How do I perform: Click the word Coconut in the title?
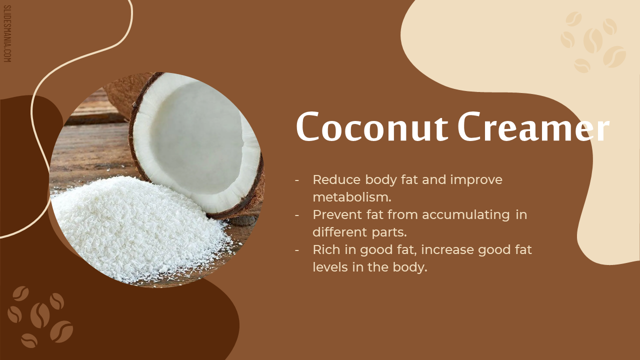tap(372, 126)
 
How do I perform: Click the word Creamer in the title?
tap(533, 126)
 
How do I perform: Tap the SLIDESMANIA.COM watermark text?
tap(7, 33)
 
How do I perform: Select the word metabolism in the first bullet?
tap(352, 197)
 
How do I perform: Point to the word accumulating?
tap(466, 215)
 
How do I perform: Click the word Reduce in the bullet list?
tap(336, 179)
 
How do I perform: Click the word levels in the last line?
tap(330, 267)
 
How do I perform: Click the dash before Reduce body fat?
tap(297, 180)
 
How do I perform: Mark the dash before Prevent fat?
tap(297, 215)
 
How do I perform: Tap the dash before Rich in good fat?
tap(297, 250)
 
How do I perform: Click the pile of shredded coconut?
tap(137, 228)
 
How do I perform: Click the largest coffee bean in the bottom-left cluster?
tap(40, 315)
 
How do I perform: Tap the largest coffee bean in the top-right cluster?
tap(592, 40)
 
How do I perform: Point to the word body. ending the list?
tap(410, 267)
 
